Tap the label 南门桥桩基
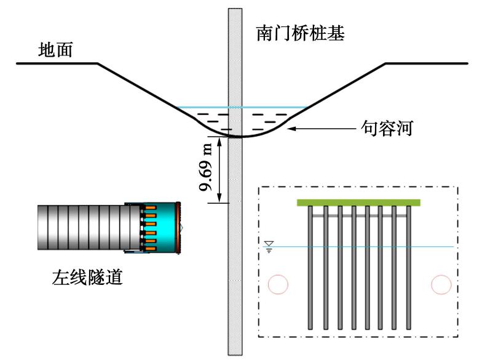(x=300, y=33)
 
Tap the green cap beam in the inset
(x=358, y=202)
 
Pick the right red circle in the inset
(x=441, y=284)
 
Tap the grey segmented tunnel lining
(x=80, y=228)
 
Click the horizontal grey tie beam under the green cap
(x=358, y=216)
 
